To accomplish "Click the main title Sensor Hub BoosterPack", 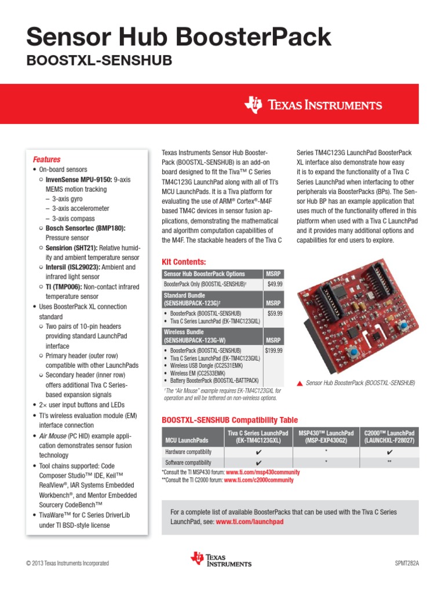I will click(x=179, y=38).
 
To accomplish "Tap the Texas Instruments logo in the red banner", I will click(x=313, y=105).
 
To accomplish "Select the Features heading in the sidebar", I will click(x=46, y=159).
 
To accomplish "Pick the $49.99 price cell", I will click(x=275, y=284).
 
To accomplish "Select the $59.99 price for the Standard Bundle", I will click(x=275, y=313).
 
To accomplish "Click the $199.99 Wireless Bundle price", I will click(x=273, y=351).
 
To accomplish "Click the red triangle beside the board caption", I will click(x=299, y=383).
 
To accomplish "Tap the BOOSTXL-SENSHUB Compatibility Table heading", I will click(x=229, y=420).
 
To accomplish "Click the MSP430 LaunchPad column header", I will click(x=326, y=437).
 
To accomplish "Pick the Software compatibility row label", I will click(x=188, y=463).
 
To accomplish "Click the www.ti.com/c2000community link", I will click(x=259, y=480).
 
